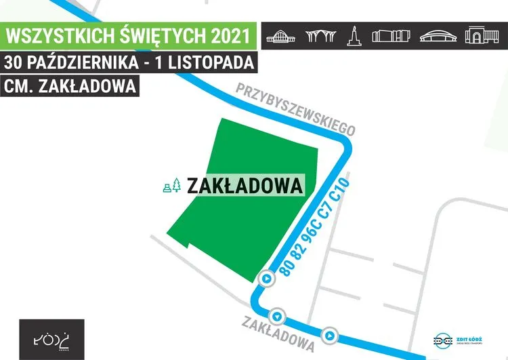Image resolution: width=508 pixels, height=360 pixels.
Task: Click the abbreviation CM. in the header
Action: point(20,87)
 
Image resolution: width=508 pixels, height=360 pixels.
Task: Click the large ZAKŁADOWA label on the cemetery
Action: point(244,185)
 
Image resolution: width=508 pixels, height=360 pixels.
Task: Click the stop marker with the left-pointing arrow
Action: point(277,316)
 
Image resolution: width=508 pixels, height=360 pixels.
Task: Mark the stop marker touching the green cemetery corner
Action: point(267,279)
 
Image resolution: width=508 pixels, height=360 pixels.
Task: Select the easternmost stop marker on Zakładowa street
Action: point(329,335)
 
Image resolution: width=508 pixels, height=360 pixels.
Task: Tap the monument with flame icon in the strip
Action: point(353,35)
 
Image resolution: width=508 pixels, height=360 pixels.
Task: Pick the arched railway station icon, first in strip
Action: point(280,35)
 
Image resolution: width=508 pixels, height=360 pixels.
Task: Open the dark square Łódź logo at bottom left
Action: point(52,338)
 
